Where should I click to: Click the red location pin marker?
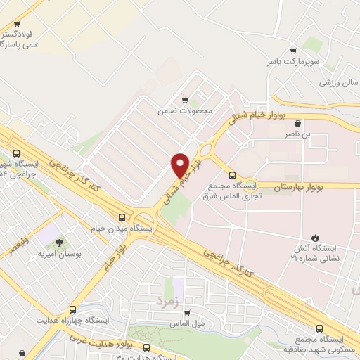[x=179, y=165]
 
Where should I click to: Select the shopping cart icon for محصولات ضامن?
[x=185, y=100]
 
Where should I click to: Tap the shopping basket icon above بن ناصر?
[x=298, y=122]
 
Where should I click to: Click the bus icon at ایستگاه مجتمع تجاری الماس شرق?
[x=232, y=174]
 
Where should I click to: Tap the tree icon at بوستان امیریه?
[x=59, y=242]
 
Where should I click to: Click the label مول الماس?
[x=186, y=323]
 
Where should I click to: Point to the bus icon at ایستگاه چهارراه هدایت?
[x=73, y=309]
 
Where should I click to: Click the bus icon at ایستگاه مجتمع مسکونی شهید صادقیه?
[x=320, y=328]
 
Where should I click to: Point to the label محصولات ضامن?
[x=185, y=110]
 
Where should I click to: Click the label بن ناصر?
[x=296, y=133]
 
